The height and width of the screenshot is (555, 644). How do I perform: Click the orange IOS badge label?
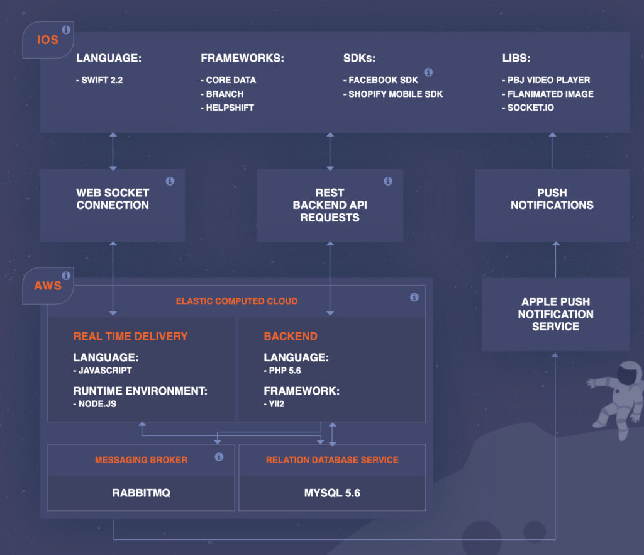click(48, 40)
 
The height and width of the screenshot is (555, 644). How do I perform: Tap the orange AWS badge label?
click(48, 286)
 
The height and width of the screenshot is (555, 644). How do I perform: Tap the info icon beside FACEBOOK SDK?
click(428, 72)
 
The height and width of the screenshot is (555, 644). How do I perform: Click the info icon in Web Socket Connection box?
click(170, 181)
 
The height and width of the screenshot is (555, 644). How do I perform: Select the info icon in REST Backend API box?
click(387, 181)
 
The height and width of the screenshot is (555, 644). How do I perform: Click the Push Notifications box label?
click(552, 199)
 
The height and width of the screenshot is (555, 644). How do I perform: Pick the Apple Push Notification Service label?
click(556, 314)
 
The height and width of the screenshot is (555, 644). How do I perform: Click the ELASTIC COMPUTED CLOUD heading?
click(236, 301)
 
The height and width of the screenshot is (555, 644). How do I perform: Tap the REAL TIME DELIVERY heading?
click(131, 337)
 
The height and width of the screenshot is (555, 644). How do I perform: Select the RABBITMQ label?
click(142, 493)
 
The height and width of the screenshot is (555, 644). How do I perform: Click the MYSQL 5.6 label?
click(332, 493)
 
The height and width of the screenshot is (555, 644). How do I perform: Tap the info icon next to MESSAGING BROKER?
click(219, 457)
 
